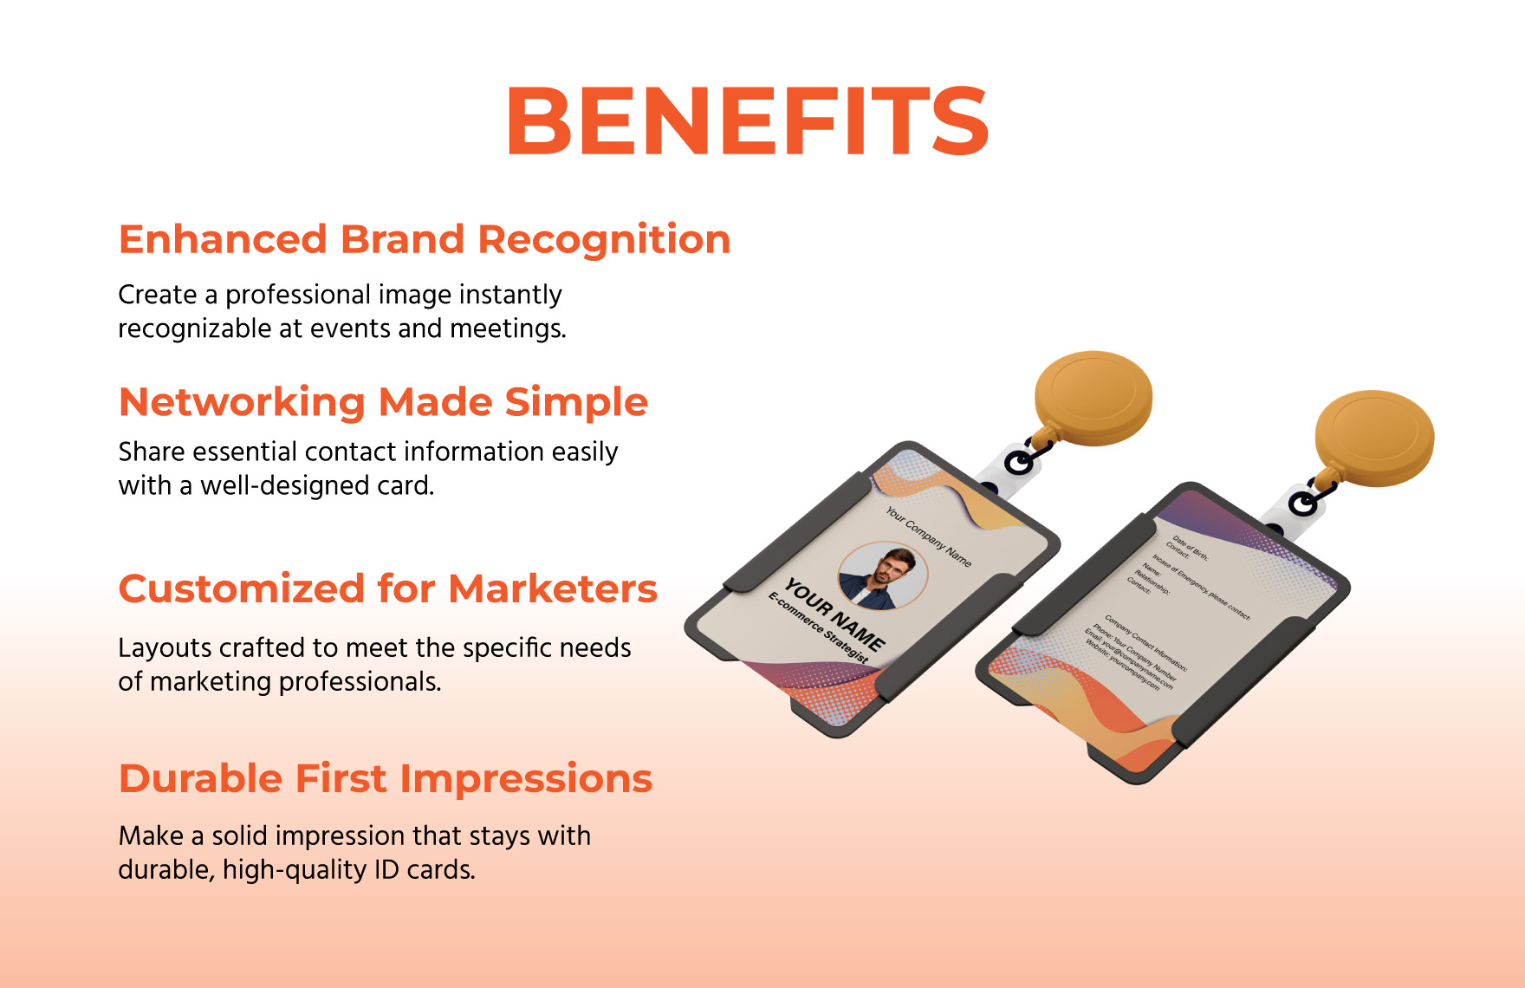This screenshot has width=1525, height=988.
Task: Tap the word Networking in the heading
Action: (242, 403)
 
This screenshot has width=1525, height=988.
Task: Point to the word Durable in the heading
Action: (200, 779)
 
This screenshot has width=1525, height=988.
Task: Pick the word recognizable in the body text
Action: (195, 329)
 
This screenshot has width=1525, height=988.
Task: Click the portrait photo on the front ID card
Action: (882, 575)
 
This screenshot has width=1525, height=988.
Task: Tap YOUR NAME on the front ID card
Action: (834, 615)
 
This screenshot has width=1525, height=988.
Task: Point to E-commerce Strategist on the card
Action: (817, 627)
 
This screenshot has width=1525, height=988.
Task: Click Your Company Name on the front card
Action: (928, 537)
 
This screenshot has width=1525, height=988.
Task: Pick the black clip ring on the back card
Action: (1302, 503)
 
